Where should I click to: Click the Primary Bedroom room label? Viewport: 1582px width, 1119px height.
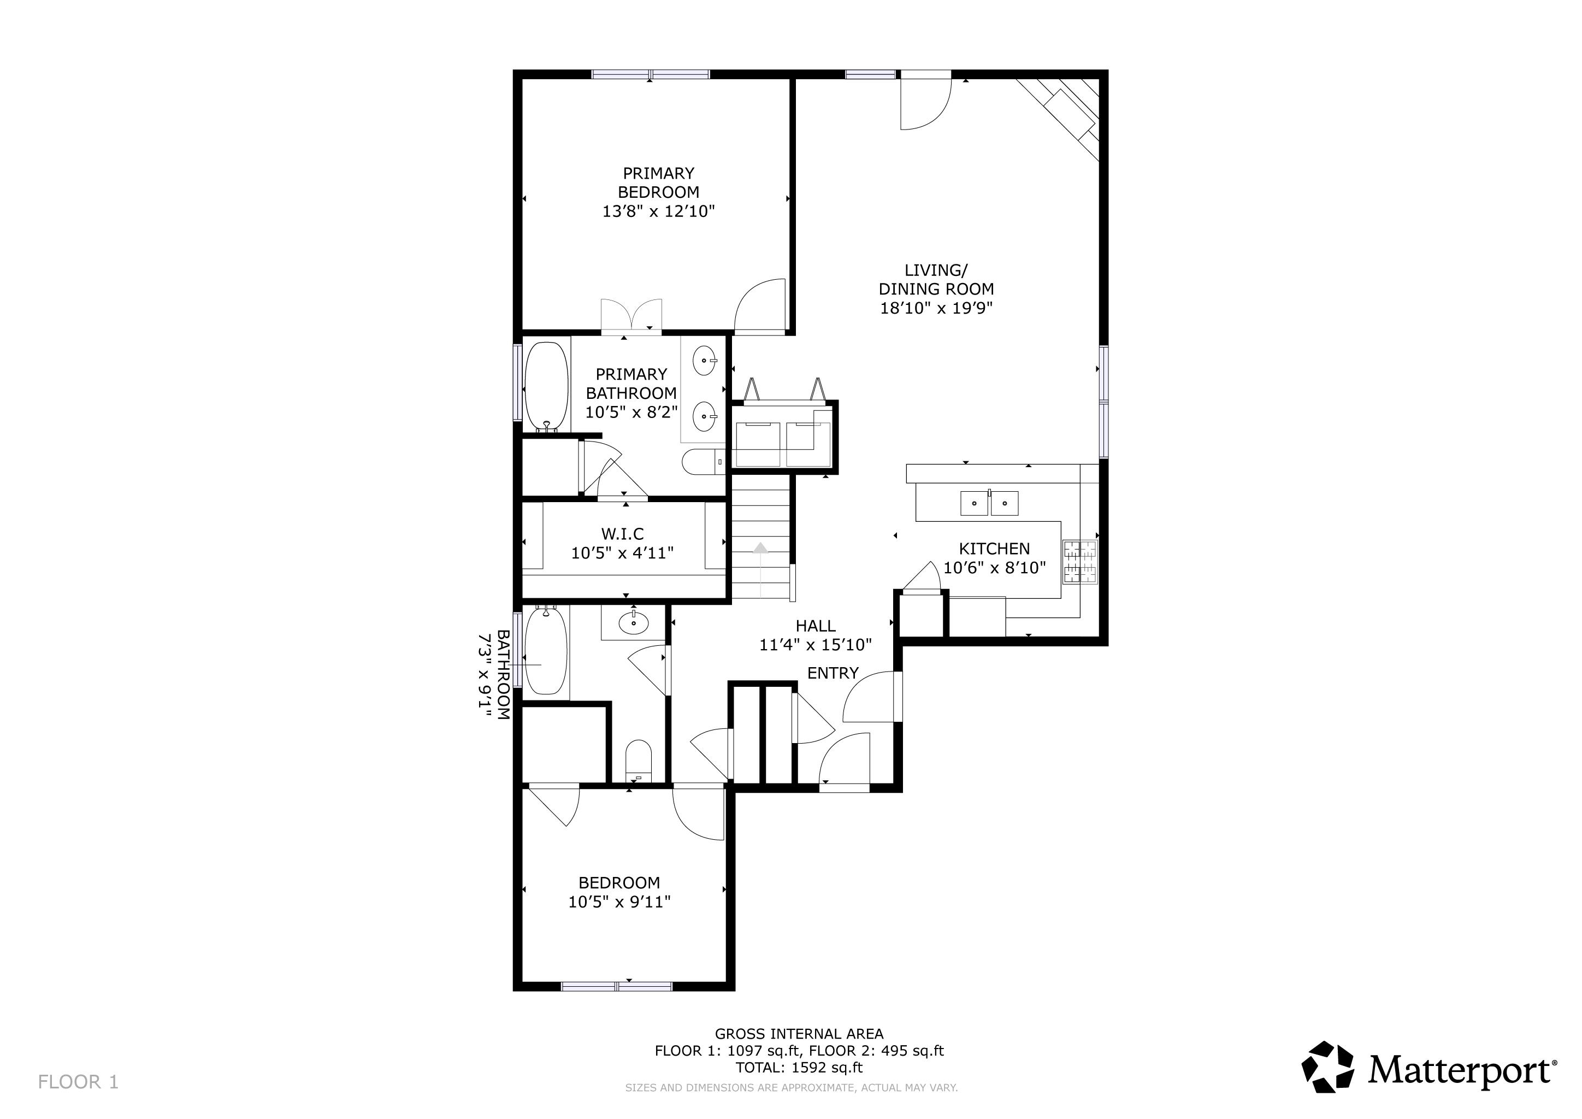[x=659, y=182]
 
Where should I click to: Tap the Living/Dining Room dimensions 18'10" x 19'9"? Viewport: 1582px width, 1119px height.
[x=936, y=308]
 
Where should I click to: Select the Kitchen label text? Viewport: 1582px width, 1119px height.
[x=994, y=549]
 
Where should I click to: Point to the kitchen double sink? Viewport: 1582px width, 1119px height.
[x=989, y=503]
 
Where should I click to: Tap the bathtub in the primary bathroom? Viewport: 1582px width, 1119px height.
[x=546, y=386]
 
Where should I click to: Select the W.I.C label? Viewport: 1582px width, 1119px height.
[x=623, y=534]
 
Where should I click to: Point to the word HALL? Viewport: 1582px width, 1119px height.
[x=816, y=626]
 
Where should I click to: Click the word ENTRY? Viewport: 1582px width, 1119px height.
[x=833, y=673]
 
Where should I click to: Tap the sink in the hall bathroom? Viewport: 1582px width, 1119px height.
[x=633, y=623]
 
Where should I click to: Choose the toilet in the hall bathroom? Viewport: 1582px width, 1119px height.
[x=638, y=761]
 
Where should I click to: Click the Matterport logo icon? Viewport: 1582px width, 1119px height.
[x=1327, y=1067]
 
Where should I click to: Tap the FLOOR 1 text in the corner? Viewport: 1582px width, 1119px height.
[x=79, y=1082]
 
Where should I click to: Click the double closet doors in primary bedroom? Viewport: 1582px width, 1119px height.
[x=631, y=316]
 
